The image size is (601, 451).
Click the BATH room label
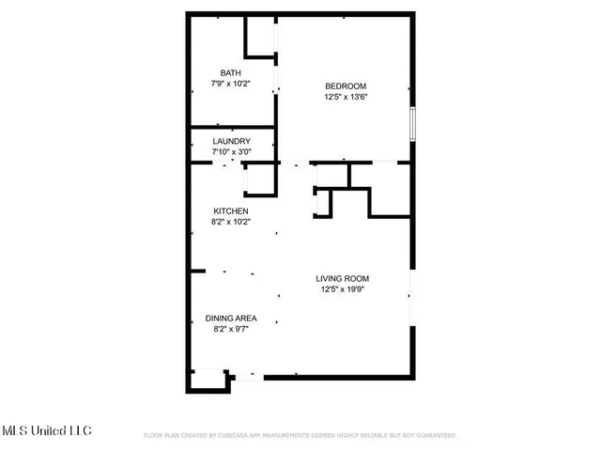pos(230,73)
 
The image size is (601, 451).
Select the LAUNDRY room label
pos(231,142)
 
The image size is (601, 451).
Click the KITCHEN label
pos(230,211)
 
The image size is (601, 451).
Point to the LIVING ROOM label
pos(342,278)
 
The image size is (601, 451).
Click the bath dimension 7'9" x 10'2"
pos(230,84)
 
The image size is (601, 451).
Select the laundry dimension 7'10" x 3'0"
pos(231,152)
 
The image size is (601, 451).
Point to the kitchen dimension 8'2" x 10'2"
pos(230,222)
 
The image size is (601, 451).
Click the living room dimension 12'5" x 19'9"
pos(342,289)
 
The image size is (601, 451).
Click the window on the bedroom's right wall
pos(412,123)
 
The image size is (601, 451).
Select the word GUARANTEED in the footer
pos(434,436)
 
